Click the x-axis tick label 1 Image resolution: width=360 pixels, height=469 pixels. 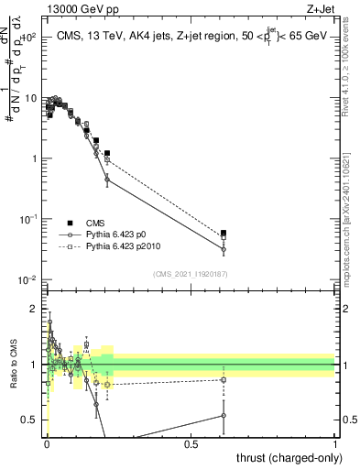click(335, 445)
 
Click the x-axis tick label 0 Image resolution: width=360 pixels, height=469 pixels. click(47, 445)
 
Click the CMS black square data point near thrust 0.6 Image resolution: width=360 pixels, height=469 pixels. click(224, 233)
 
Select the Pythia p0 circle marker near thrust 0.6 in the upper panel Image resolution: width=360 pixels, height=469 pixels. click(224, 249)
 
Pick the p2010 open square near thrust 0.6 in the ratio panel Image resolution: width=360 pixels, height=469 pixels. click(224, 379)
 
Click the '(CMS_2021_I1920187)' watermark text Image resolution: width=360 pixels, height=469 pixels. click(191, 274)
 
